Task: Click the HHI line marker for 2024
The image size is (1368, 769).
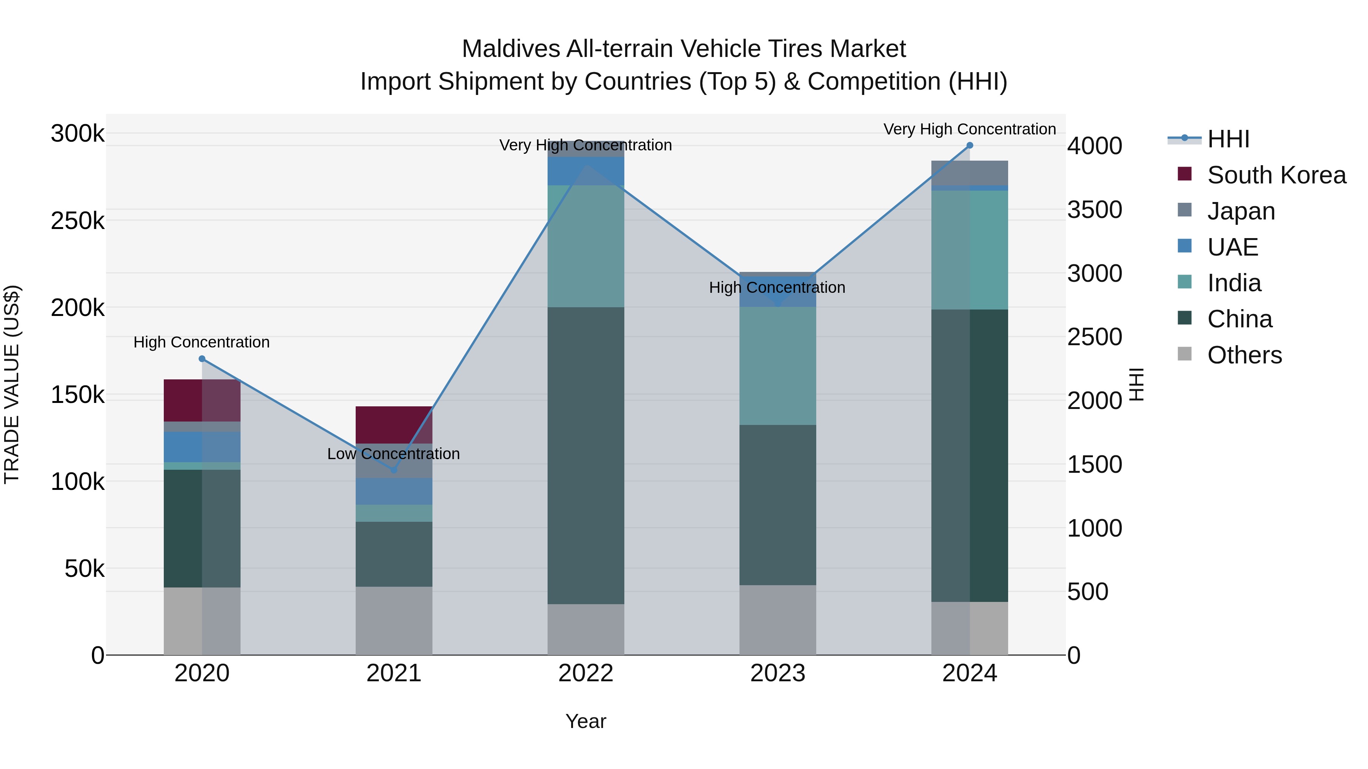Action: [970, 145]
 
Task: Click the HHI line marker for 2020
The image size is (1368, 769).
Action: [202, 359]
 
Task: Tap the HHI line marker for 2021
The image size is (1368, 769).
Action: [394, 470]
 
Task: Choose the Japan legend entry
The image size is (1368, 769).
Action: [1241, 211]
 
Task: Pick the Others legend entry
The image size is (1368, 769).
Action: [1244, 355]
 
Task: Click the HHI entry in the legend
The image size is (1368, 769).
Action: [1228, 139]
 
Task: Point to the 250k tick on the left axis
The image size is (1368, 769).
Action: [78, 221]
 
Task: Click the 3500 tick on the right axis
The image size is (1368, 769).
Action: [1094, 210]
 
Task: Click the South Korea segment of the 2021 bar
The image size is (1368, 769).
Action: [394, 425]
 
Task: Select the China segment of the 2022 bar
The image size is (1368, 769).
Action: [586, 455]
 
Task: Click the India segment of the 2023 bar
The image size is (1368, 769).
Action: [778, 366]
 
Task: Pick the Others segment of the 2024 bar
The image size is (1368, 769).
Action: [970, 628]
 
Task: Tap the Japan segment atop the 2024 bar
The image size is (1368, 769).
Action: [970, 172]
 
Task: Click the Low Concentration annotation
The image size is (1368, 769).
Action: [394, 454]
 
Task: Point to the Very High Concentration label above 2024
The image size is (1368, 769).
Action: [970, 129]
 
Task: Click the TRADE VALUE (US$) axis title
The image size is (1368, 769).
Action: [12, 384]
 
